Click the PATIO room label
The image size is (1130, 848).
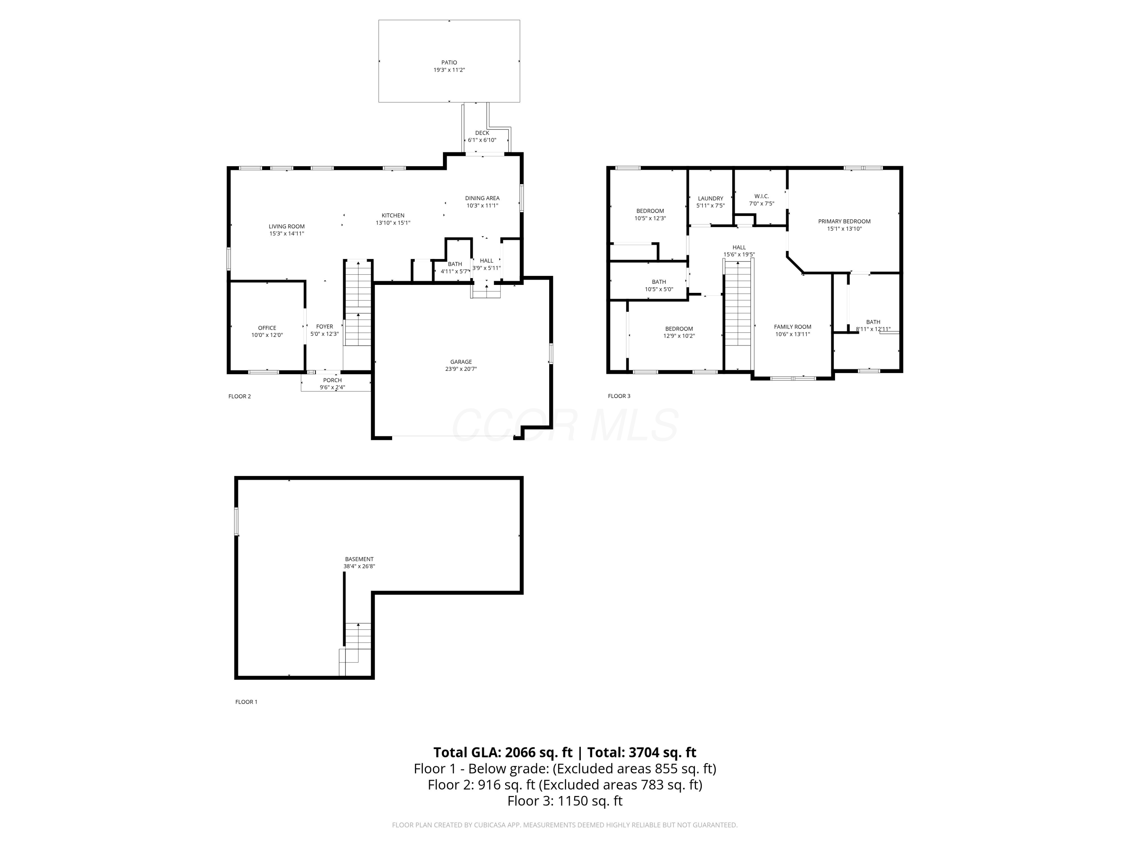tap(449, 62)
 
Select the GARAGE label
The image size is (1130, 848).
tap(461, 362)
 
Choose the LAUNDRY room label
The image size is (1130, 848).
tap(710, 198)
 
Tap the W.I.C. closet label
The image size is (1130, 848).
tap(761, 196)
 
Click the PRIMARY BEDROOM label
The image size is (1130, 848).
tap(844, 221)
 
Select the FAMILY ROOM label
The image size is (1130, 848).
tap(793, 327)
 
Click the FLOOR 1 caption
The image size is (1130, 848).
tap(246, 702)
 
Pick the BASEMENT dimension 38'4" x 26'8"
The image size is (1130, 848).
tap(359, 566)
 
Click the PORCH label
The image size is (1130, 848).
tap(332, 380)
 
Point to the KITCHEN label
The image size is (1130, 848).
tap(393, 216)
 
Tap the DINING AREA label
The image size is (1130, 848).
tap(482, 198)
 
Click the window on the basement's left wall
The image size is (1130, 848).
tap(236, 521)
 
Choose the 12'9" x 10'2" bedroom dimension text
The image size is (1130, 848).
tap(679, 336)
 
